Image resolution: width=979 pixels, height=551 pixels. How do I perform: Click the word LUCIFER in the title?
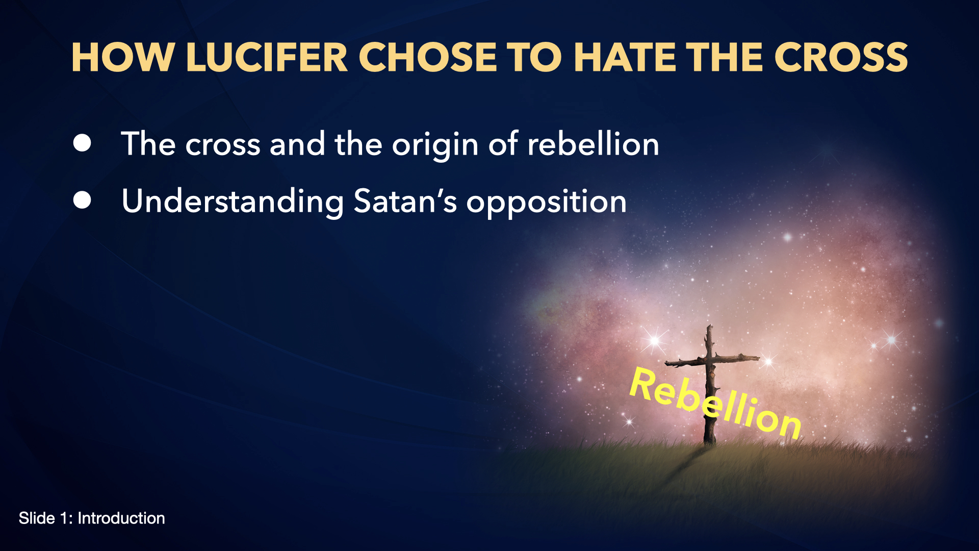click(267, 57)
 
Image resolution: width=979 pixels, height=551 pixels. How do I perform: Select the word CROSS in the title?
click(841, 57)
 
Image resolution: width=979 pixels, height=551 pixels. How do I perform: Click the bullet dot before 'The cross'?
click(82, 143)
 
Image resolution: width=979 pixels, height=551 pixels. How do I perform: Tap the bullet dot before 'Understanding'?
click(82, 201)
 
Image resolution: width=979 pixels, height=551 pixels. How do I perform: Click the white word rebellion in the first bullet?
click(593, 144)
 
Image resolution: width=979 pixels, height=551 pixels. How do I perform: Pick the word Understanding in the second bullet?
click(233, 203)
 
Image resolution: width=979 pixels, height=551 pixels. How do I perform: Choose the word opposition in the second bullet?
click(547, 203)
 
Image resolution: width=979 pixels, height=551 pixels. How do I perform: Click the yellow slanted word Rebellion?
click(715, 403)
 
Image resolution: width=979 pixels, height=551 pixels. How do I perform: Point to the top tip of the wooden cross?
click(709, 325)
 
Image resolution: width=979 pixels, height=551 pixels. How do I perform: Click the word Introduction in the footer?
click(121, 518)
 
